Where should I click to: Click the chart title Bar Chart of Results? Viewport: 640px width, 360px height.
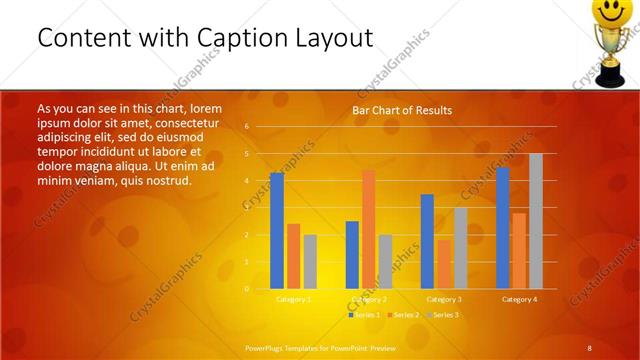tap(402, 110)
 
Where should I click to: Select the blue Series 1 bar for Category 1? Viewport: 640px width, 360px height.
tap(277, 231)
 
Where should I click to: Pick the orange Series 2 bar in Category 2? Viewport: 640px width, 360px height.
tap(369, 229)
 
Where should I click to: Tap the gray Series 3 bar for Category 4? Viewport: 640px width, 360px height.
tap(536, 221)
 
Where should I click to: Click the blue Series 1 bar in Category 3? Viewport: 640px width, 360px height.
tap(427, 241)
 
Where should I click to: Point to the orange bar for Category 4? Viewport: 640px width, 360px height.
tap(519, 251)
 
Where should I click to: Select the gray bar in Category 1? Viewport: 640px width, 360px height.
tap(310, 262)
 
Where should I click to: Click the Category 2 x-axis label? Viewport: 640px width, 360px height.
tap(369, 299)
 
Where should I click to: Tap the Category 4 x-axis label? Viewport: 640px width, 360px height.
tap(519, 299)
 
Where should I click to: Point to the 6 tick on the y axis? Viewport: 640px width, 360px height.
tap(246, 127)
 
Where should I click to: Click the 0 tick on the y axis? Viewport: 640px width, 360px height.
tap(246, 289)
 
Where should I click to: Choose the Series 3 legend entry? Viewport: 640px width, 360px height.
tap(445, 315)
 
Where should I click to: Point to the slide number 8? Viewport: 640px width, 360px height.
tap(590, 347)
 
